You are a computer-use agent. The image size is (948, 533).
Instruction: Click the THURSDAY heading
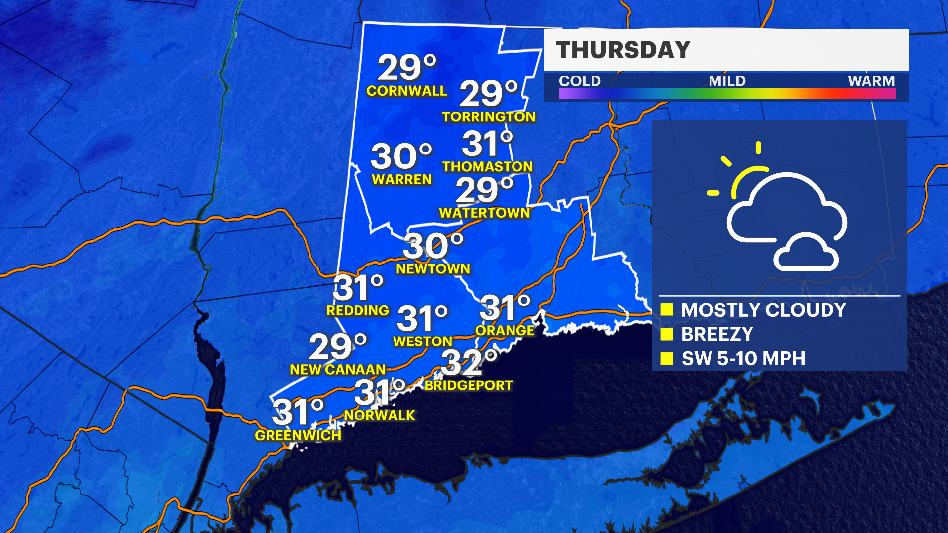coord(623,50)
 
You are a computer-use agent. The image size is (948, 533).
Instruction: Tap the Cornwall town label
coord(406,91)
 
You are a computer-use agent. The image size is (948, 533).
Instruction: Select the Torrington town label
coord(488,117)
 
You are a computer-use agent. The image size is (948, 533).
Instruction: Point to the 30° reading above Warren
coord(401,156)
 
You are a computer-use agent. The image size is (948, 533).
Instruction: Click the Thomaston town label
coord(487,167)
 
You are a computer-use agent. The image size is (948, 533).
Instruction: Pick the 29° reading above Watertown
coord(484,190)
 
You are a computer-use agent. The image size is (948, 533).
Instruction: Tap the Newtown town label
coord(433,269)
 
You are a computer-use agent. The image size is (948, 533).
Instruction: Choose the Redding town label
coord(357,311)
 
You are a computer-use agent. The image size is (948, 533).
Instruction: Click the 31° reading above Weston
coord(422,318)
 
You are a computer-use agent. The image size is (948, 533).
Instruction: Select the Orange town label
coord(505,331)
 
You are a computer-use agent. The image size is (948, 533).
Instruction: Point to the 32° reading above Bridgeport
coord(469,363)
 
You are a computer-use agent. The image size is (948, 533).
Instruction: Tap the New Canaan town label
coord(338,370)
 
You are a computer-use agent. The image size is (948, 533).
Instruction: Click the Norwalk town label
coord(379,416)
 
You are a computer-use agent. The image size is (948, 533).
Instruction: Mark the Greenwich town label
coord(298,436)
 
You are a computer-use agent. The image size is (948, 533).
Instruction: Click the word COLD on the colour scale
coord(580,81)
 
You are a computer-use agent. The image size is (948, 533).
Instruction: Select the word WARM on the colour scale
coord(871,81)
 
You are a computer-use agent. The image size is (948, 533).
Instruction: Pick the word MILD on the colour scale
coord(727,81)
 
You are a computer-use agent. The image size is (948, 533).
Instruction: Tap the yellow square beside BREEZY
coord(667,334)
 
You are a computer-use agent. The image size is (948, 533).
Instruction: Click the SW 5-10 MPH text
coord(743,359)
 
